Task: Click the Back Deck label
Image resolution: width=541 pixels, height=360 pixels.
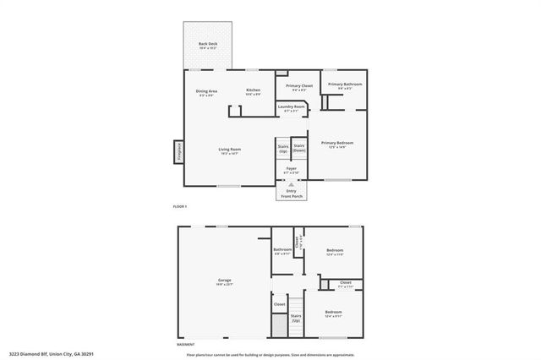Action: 208,46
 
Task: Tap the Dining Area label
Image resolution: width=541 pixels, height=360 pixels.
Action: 207,92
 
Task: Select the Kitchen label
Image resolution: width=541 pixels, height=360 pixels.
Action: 254,92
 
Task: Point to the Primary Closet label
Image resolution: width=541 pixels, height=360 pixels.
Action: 299,87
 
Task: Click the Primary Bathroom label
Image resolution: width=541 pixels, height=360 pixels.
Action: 346,85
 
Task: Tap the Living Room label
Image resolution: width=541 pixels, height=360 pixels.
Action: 230,151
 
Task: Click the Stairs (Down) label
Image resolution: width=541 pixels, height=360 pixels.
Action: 299,147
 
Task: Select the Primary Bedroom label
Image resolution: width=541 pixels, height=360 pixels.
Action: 336,145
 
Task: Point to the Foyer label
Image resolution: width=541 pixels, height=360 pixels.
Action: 291,170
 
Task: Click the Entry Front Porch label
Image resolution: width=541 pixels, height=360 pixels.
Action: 291,194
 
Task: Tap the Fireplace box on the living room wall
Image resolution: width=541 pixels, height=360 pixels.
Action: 179,151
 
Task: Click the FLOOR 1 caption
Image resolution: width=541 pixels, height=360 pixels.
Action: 179,207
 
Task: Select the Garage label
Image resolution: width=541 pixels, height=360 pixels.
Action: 225,281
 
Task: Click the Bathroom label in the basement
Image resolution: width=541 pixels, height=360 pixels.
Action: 282,251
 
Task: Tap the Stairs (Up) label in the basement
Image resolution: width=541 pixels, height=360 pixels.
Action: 296,319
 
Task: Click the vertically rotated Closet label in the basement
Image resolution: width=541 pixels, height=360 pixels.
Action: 297,242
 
